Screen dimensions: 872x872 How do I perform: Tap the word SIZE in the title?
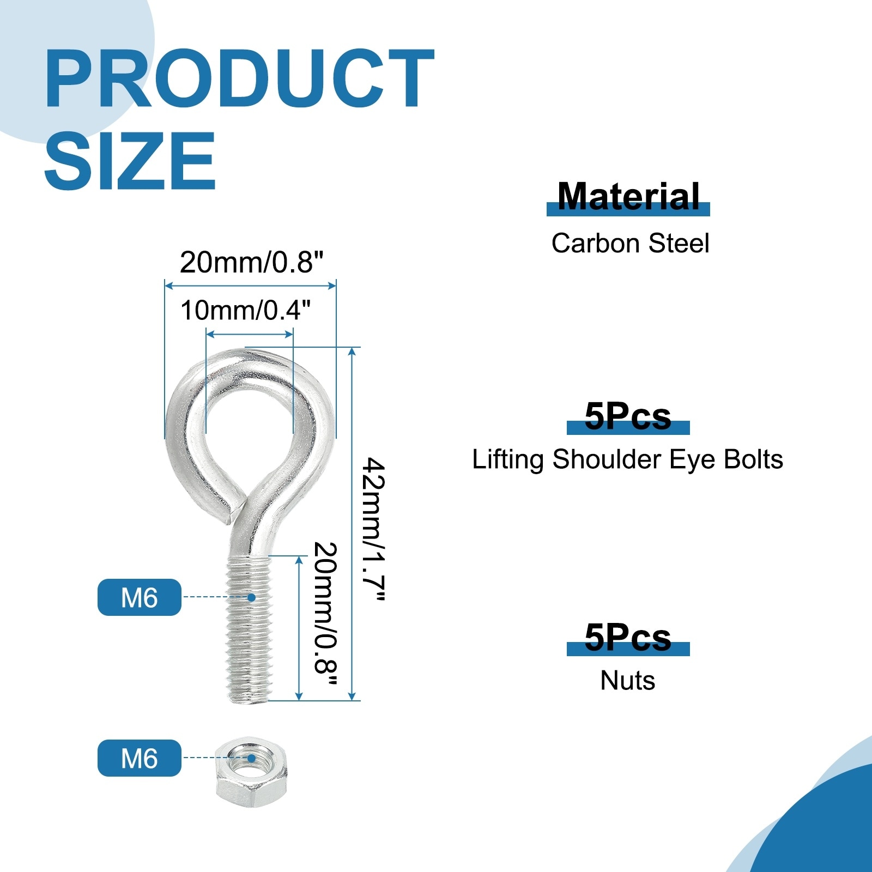[130, 161]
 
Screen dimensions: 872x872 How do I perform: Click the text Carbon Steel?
[630, 243]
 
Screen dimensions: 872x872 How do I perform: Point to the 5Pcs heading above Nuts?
[628, 637]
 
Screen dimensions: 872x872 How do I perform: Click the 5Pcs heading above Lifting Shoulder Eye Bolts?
[628, 416]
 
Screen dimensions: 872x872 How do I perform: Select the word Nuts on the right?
[628, 681]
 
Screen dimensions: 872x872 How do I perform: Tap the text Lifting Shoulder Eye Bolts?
[627, 459]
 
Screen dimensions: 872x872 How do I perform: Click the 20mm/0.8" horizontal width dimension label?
[251, 262]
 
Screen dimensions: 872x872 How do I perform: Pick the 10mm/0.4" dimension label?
[245, 310]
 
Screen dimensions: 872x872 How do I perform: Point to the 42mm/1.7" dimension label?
[374, 529]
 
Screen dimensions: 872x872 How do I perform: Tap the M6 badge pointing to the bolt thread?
[140, 597]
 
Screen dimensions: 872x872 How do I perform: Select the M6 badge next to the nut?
[140, 758]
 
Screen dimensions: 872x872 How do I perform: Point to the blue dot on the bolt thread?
[251, 597]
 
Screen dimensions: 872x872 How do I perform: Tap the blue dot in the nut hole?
[251, 758]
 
